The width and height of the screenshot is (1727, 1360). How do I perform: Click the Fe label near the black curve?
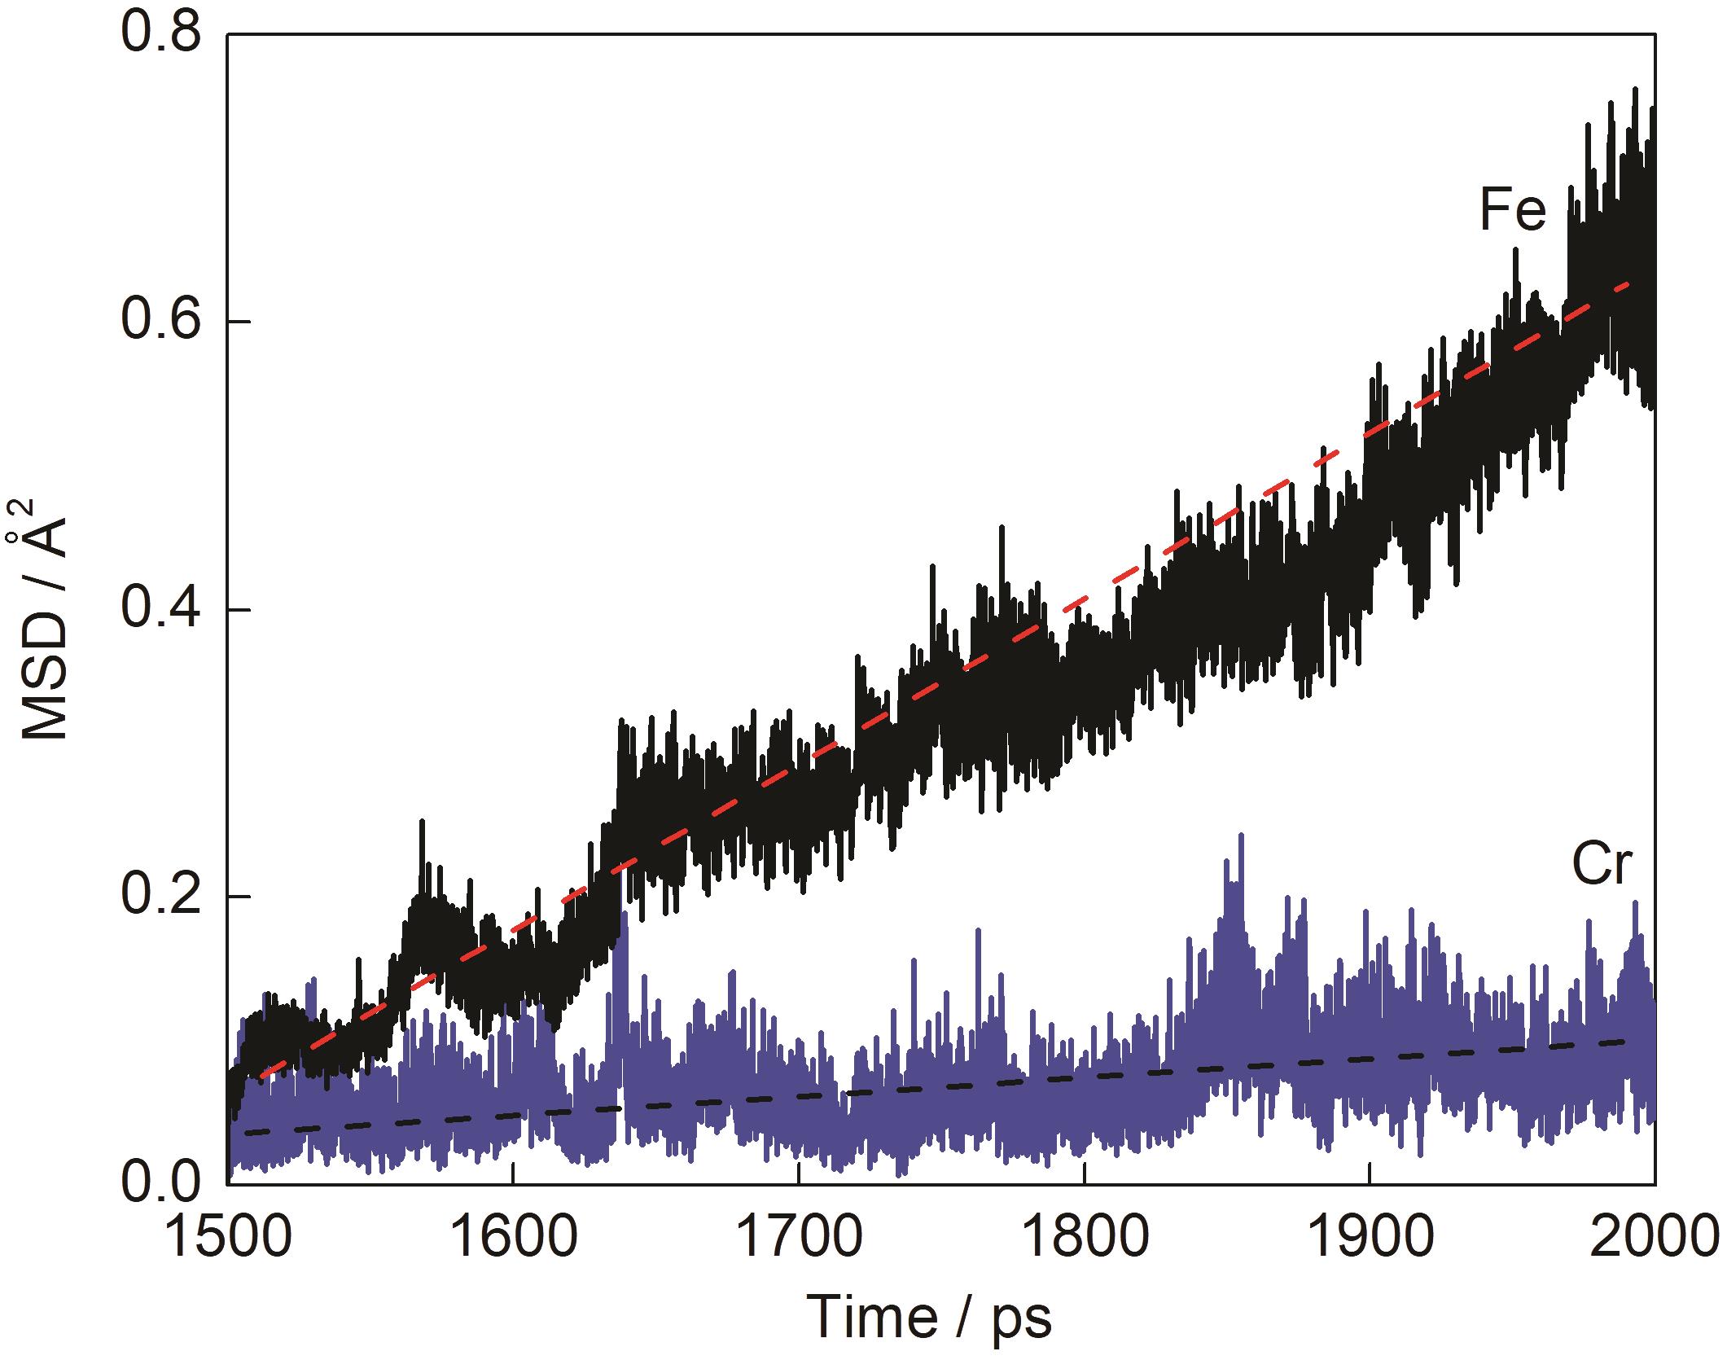1512,211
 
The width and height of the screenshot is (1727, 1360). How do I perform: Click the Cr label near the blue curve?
1602,866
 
